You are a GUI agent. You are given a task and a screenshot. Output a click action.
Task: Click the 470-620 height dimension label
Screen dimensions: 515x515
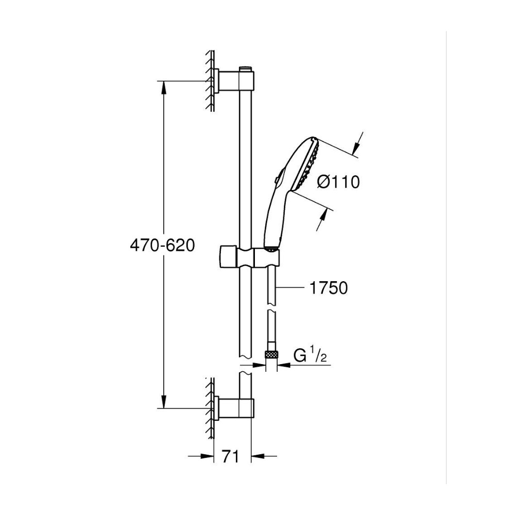point(163,245)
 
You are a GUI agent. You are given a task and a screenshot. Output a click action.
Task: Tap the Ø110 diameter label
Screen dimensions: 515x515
point(338,182)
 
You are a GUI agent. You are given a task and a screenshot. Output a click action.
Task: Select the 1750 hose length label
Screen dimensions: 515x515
point(329,288)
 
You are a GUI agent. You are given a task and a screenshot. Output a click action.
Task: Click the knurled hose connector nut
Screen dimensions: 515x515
point(271,354)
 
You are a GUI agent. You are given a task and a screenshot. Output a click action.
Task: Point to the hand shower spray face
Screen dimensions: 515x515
point(307,165)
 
